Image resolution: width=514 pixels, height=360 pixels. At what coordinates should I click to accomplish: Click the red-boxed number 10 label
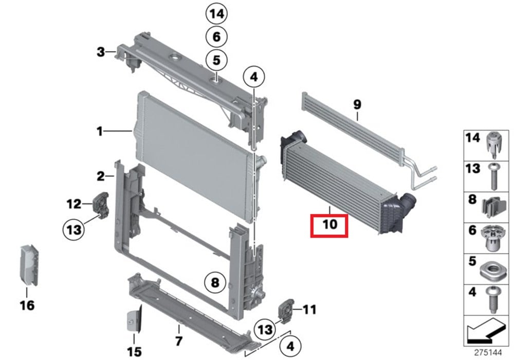329,225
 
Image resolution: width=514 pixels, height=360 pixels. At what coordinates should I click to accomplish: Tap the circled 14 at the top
217,14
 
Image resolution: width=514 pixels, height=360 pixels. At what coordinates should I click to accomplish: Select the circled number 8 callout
215,282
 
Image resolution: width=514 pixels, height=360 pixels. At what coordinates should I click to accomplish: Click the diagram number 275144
488,353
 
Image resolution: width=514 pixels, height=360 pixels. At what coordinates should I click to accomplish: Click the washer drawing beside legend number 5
491,271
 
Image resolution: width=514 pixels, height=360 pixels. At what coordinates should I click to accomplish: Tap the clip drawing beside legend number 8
492,208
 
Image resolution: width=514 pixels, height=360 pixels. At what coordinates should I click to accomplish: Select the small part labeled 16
29,264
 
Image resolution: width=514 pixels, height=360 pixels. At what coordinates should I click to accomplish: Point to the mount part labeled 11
285,310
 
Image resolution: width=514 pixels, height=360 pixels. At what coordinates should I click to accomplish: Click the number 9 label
357,104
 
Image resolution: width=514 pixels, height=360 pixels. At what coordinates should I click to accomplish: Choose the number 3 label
101,52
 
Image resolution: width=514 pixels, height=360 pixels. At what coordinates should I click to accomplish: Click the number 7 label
179,341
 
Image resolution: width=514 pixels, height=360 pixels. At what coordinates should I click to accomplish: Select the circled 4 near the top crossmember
254,77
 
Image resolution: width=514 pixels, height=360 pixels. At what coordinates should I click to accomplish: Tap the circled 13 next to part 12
74,229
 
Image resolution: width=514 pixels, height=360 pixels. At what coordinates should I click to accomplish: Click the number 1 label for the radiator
100,132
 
